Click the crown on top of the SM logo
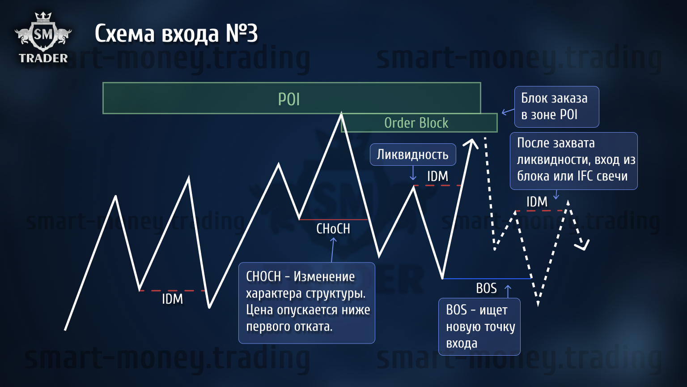pyautogui.click(x=43, y=17)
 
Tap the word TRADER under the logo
pyautogui.click(x=43, y=58)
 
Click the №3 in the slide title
pyautogui.click(x=242, y=33)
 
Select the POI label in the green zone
pyautogui.click(x=288, y=99)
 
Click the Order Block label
pyautogui.click(x=416, y=123)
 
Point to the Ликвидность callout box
pyautogui.click(x=413, y=155)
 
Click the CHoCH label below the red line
pyautogui.click(x=333, y=229)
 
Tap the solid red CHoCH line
pyautogui.click(x=333, y=219)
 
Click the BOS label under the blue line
pyautogui.click(x=486, y=288)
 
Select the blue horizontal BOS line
pyautogui.click(x=487, y=279)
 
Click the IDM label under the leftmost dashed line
pyautogui.click(x=172, y=299)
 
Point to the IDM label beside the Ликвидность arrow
pyautogui.click(x=438, y=176)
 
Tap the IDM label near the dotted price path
pyautogui.click(x=537, y=202)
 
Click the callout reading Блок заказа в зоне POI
pyautogui.click(x=557, y=107)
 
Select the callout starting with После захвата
pyautogui.click(x=574, y=161)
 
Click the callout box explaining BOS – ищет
pyautogui.click(x=479, y=327)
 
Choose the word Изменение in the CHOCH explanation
pyautogui.click(x=324, y=277)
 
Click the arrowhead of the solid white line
pyautogui.click(x=471, y=143)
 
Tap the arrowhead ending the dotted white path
pyautogui.click(x=583, y=245)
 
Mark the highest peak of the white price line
pyautogui.click(x=341, y=114)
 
